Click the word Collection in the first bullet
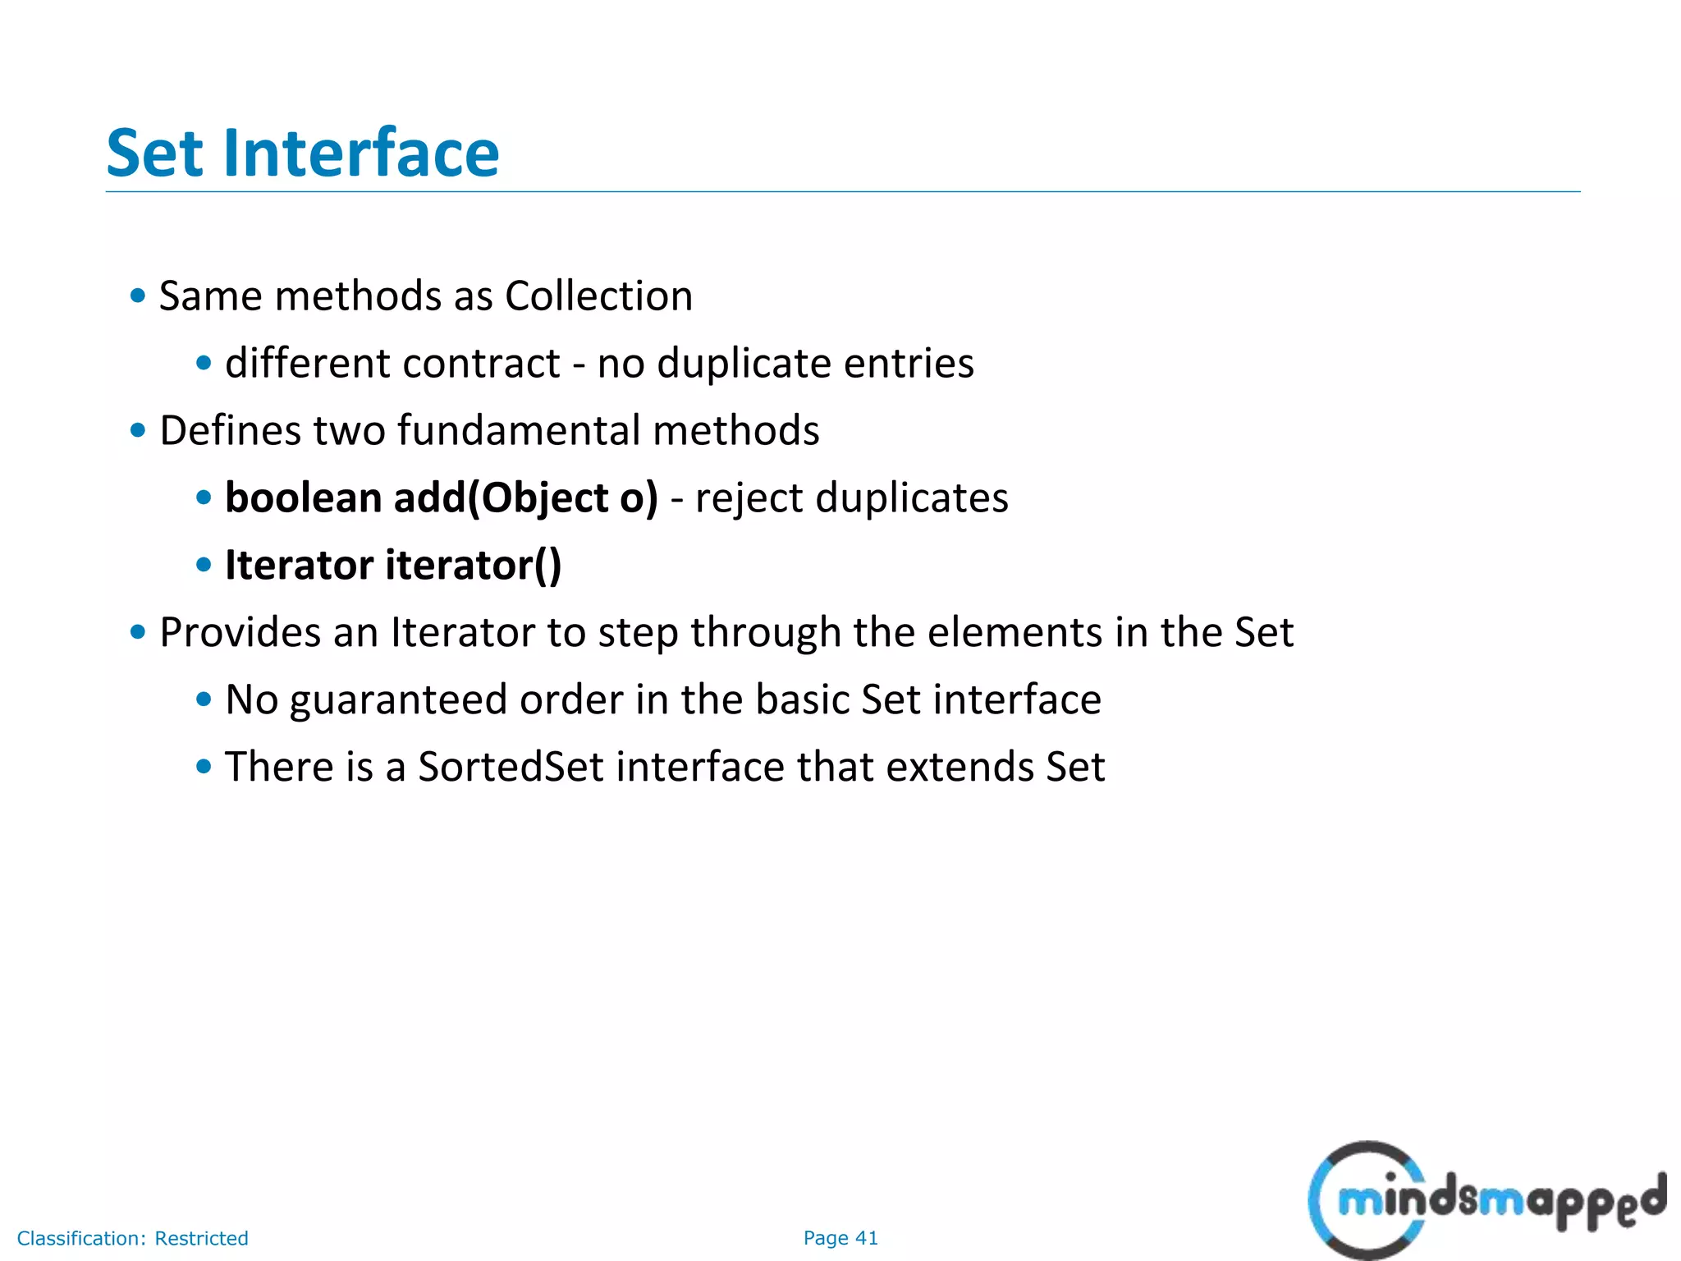tap(598, 296)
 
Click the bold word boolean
tap(303, 498)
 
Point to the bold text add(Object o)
tap(525, 498)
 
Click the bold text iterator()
tap(473, 565)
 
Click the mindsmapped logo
tap(1486, 1200)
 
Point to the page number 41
tap(867, 1238)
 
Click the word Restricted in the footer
tap(201, 1238)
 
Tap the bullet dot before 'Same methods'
tap(138, 296)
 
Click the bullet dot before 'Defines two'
tap(138, 430)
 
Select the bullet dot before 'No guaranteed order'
tap(204, 699)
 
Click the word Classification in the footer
tap(81, 1238)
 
